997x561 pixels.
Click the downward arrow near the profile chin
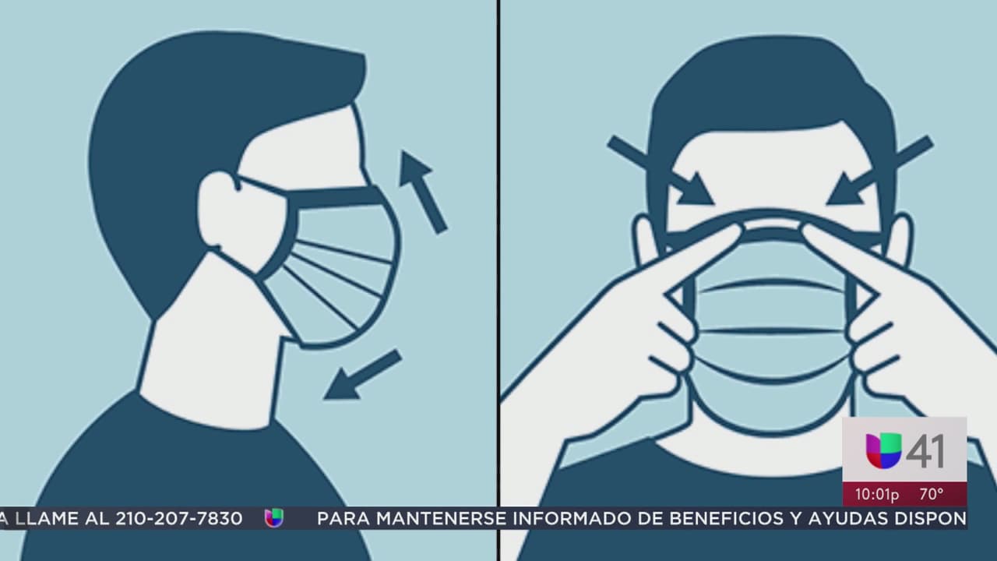(x=362, y=375)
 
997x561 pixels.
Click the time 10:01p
(x=877, y=494)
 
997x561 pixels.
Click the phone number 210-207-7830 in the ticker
(x=179, y=518)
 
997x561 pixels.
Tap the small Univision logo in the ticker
(x=273, y=518)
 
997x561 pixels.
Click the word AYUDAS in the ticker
(x=850, y=518)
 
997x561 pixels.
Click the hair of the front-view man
(x=771, y=86)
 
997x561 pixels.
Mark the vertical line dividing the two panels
(x=498, y=234)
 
